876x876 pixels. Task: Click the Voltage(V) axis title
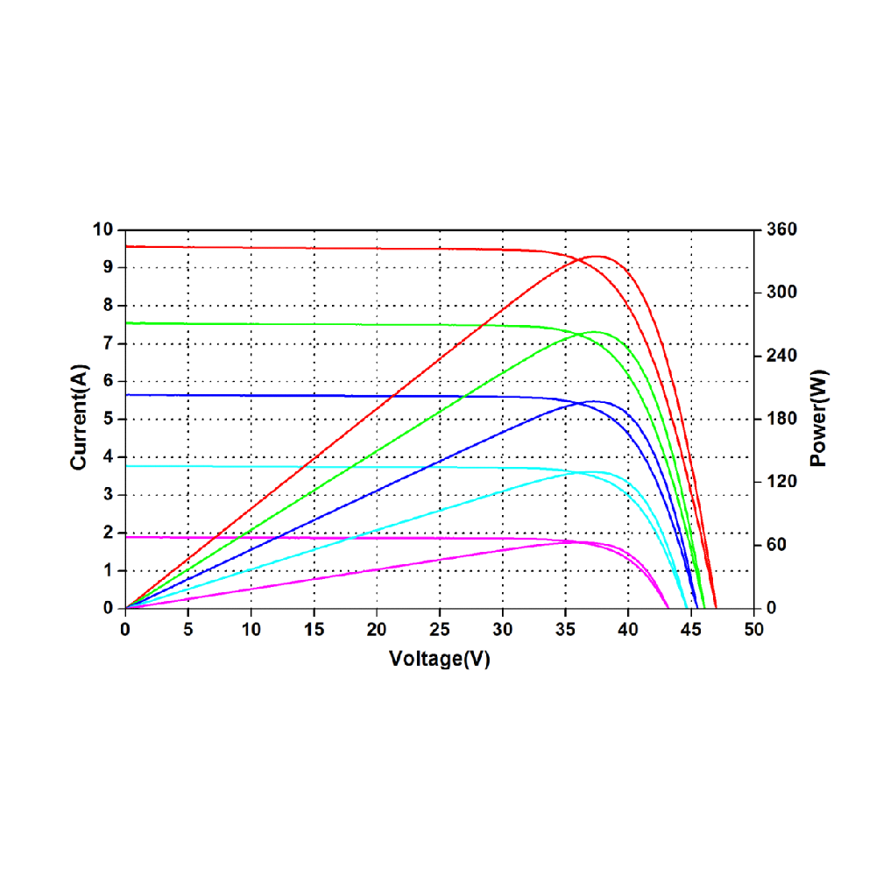tap(439, 659)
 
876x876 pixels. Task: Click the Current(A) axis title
tap(80, 419)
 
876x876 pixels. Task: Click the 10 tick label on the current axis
tap(104, 230)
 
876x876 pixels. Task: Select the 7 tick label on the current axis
tap(109, 343)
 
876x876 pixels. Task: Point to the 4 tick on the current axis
tap(109, 457)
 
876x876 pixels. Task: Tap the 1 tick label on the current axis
tap(109, 570)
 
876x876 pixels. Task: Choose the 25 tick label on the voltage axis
tap(439, 628)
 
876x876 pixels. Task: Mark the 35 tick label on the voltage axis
tap(565, 628)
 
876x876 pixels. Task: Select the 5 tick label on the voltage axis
tap(188, 628)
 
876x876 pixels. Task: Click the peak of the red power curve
tap(597, 256)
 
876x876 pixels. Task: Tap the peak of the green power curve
tap(595, 332)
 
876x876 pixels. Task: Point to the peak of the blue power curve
tap(595, 401)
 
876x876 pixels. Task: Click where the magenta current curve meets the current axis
tap(126, 536)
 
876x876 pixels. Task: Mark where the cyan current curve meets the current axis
tap(126, 466)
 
